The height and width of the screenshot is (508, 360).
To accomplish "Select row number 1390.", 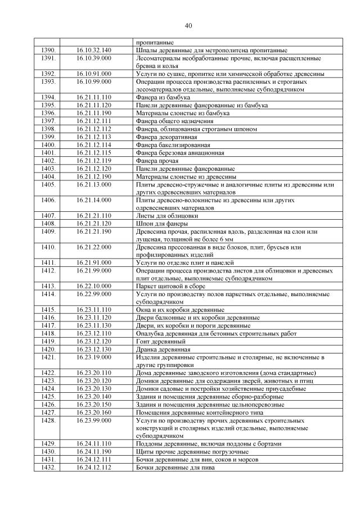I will pyautogui.click(x=48, y=50).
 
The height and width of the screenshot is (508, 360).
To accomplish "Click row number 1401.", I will pyautogui.click(x=48, y=152).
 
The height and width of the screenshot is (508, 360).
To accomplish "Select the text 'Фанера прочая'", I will pyautogui.click(x=154, y=160).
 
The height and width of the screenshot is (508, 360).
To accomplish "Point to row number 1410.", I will pyautogui.click(x=48, y=247).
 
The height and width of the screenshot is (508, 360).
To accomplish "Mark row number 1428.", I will pyautogui.click(x=48, y=420).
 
